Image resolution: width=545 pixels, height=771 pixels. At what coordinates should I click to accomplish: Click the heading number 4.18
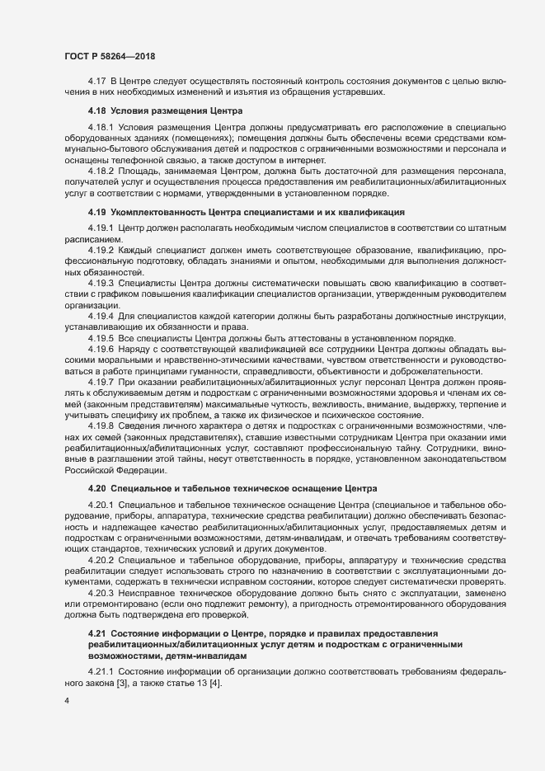tap(97, 110)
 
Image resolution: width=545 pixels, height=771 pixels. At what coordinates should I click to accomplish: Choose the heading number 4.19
tap(97, 212)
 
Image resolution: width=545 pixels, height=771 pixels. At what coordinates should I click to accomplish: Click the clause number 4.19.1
tap(101, 227)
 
